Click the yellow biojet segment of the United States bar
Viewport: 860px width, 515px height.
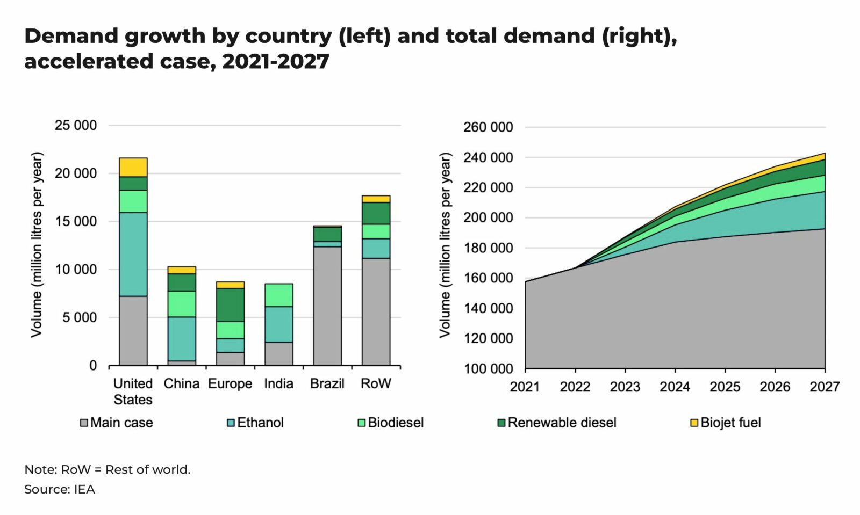[x=133, y=167]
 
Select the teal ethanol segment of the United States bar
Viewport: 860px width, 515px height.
[x=133, y=254]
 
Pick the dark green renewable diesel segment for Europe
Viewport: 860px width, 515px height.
[x=230, y=305]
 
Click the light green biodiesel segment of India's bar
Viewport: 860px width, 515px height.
[x=278, y=295]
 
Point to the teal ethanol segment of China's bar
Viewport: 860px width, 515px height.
[x=182, y=338]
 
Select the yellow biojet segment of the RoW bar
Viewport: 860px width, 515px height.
[x=376, y=199]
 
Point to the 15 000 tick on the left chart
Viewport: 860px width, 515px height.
[x=76, y=221]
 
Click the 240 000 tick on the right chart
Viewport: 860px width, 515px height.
[x=488, y=157]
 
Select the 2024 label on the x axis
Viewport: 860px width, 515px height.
[x=675, y=387]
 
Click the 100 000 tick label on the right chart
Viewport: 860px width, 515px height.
[x=488, y=369]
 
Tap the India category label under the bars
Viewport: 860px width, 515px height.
[x=278, y=383]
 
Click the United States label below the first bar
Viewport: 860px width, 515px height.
[x=133, y=391]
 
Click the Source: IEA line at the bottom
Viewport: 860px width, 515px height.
[x=60, y=489]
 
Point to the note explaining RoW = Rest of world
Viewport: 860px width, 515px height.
[x=107, y=469]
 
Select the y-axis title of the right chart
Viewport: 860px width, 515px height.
[x=445, y=245]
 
